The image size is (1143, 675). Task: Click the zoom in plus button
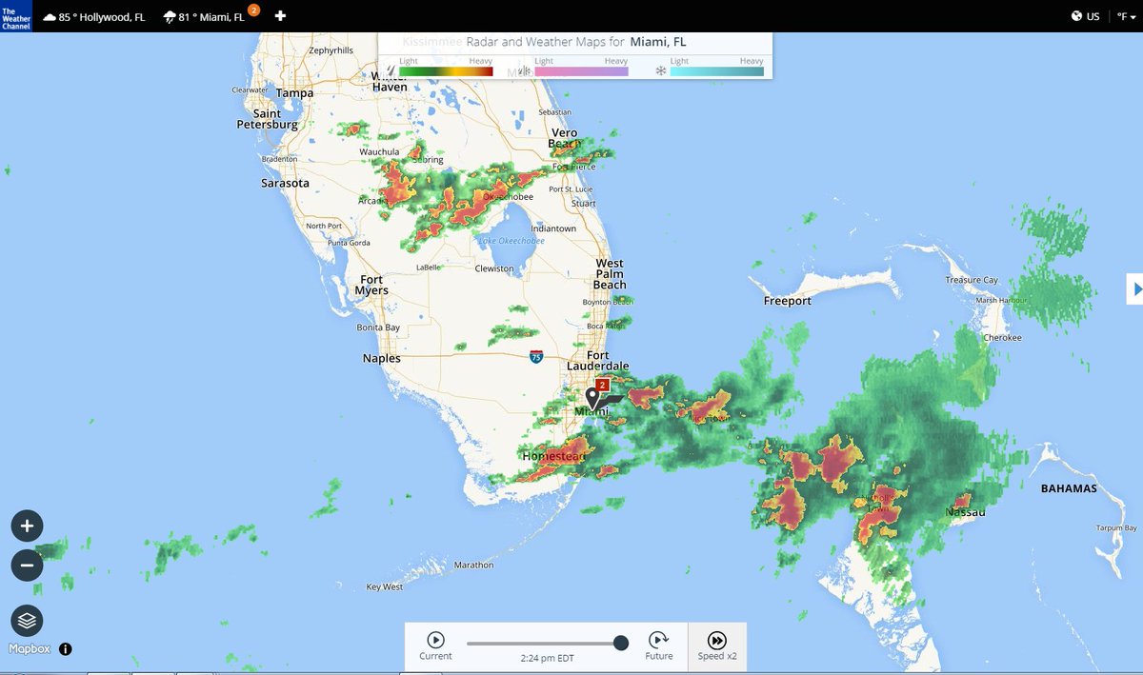27,526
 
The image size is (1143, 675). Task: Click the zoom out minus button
27,566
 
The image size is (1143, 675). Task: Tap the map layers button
27,621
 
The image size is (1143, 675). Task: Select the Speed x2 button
717,645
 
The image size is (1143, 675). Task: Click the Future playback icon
658,641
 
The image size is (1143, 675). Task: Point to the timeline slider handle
621,644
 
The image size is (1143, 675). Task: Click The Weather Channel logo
16,16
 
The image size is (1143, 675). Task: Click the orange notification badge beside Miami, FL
253,10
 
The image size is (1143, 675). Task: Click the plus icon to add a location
280,16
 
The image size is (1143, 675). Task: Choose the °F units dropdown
1127,16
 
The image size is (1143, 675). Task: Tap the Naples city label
382,359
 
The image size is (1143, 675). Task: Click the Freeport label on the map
788,301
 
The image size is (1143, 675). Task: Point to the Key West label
385,587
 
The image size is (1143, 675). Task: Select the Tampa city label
294,93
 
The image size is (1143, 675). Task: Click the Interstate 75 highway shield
536,357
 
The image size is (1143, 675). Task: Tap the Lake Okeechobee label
511,241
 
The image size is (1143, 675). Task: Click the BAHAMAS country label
1069,488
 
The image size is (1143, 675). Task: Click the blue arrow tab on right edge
1134,288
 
